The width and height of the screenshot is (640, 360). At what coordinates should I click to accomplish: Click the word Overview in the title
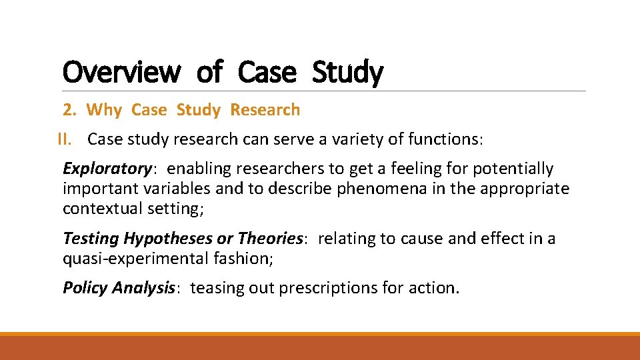(121, 72)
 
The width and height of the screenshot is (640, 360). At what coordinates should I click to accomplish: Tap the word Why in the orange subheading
(104, 110)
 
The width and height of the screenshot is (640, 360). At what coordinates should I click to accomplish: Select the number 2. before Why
(70, 110)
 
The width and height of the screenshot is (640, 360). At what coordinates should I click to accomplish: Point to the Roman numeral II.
(64, 139)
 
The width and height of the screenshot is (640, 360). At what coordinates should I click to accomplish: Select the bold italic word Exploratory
(107, 169)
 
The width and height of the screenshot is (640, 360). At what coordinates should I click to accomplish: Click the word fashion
(243, 258)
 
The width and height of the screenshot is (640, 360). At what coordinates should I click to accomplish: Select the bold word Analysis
(143, 288)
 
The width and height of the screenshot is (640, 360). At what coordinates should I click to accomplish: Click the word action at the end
(435, 288)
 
